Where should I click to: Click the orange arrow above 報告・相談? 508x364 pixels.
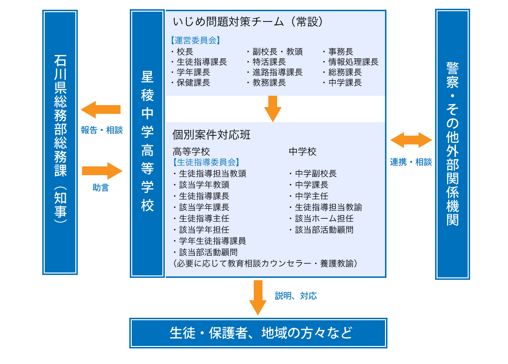tap(100, 109)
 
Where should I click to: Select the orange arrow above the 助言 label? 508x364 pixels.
tap(102, 171)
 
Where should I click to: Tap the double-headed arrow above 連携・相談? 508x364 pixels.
tap(411, 140)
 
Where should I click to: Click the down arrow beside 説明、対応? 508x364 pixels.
tap(258, 297)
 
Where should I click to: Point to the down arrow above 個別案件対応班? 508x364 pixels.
tap(273, 109)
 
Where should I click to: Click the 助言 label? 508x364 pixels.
tap(101, 188)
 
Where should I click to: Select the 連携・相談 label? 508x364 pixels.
tap(411, 162)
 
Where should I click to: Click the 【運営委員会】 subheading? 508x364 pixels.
tap(195, 41)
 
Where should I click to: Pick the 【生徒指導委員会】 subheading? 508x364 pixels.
tap(206, 162)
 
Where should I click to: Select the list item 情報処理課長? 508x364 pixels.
tap(353, 62)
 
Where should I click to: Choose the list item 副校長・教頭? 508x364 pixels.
tap(277, 52)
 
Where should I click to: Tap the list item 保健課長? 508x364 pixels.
tap(193, 83)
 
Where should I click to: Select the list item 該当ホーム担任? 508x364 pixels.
tap(324, 218)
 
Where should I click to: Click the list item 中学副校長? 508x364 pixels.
tap(315, 174)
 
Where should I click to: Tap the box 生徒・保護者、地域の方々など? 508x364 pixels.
tap(258, 333)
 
